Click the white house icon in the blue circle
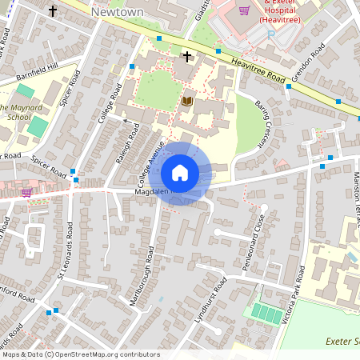point(180,173)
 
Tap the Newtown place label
point(117,13)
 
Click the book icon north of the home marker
point(187,101)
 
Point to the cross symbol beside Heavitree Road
point(187,57)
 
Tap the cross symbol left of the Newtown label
point(53,11)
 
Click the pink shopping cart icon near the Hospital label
point(245,10)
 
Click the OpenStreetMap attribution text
point(80,354)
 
